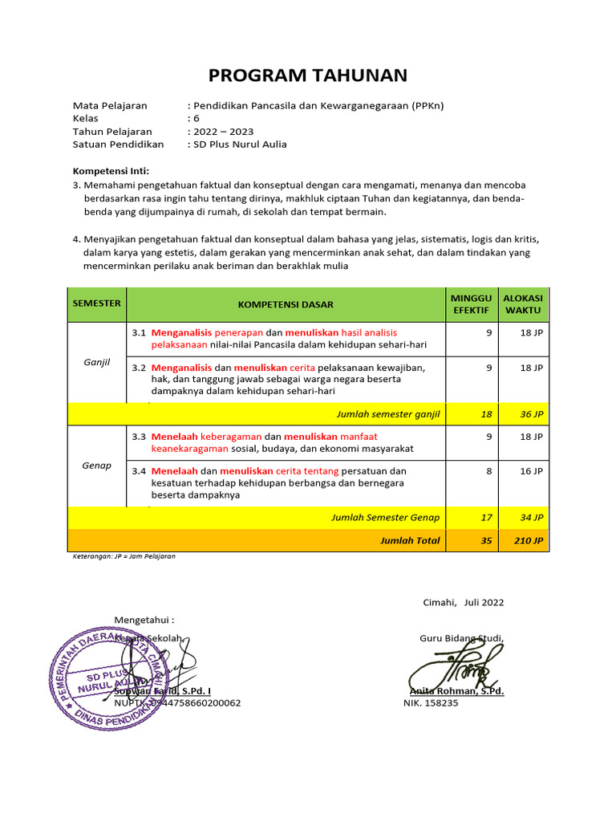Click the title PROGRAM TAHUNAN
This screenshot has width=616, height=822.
308,75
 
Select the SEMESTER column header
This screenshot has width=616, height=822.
96,303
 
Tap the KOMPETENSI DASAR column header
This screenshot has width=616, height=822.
286,304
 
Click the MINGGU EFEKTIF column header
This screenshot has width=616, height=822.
472,304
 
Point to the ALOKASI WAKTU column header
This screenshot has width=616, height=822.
522,304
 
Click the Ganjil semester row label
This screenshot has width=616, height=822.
96,362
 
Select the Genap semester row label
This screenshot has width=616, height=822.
96,466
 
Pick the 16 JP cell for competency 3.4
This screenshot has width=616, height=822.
531,471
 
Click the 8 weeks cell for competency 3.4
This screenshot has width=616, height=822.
488,471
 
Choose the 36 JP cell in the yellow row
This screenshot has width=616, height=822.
530,413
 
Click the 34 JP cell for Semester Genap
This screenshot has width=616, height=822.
530,517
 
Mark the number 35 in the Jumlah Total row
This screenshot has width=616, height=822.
486,540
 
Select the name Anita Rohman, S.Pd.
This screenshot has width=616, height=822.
456,690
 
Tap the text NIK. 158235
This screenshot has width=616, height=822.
431,702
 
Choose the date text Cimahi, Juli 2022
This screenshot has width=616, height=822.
463,603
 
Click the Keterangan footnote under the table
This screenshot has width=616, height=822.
124,555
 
